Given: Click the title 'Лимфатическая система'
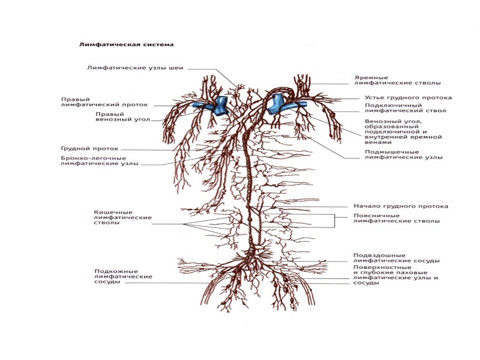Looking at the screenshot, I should pyautogui.click(x=127, y=44).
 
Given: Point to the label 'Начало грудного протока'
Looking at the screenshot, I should pyautogui.click(x=401, y=206).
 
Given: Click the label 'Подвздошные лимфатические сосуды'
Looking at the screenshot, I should pyautogui.click(x=397, y=257).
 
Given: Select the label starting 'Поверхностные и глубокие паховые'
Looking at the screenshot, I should pyautogui.click(x=397, y=277).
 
